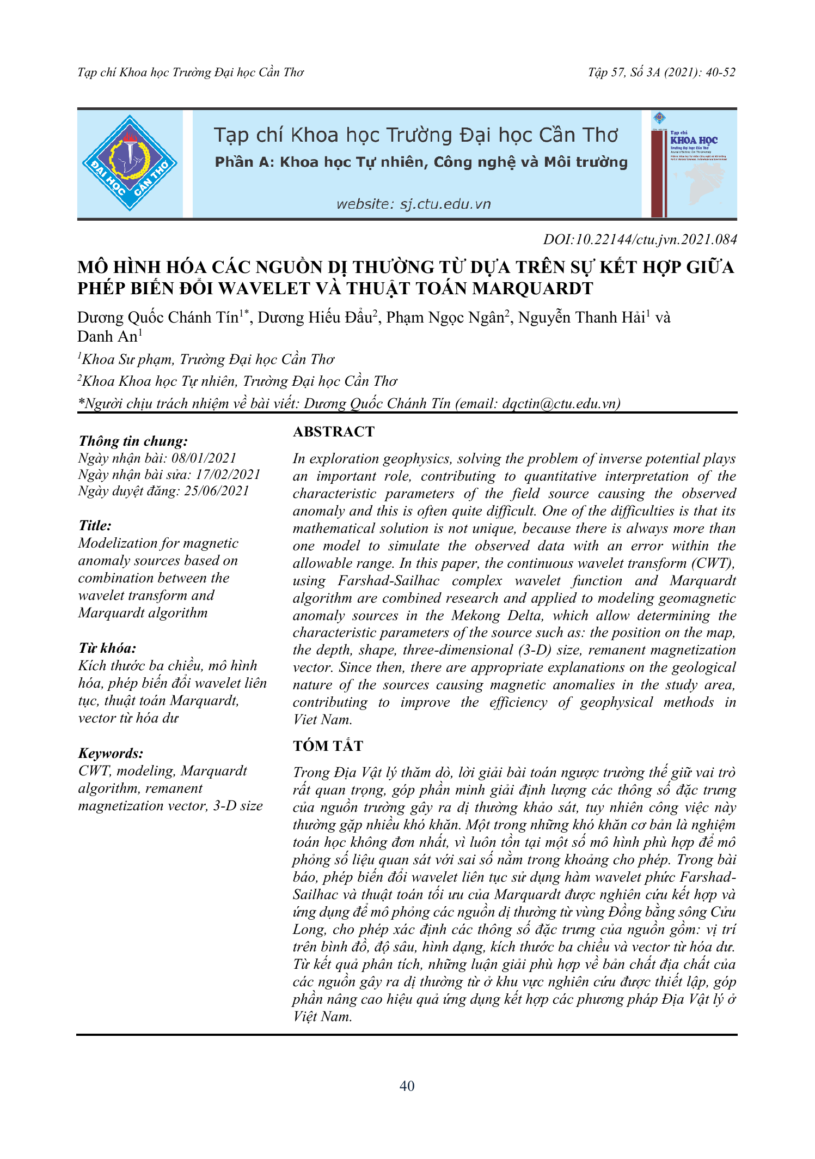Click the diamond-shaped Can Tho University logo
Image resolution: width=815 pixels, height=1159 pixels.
coord(130,163)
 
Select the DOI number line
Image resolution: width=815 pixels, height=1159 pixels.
coord(640,239)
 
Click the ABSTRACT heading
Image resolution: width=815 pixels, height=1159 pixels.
coord(334,432)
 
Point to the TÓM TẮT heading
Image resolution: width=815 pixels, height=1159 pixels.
coord(328,746)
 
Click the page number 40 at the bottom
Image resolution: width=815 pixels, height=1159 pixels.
coord(407,1086)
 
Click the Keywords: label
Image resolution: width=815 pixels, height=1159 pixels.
coord(111,753)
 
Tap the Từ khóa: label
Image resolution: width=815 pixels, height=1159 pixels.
coord(107,648)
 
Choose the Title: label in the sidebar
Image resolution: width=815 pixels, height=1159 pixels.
coord(95,525)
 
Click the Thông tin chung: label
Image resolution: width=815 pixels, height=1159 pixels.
coord(133,441)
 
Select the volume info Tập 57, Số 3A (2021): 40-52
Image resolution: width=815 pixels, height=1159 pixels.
coord(661,72)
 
